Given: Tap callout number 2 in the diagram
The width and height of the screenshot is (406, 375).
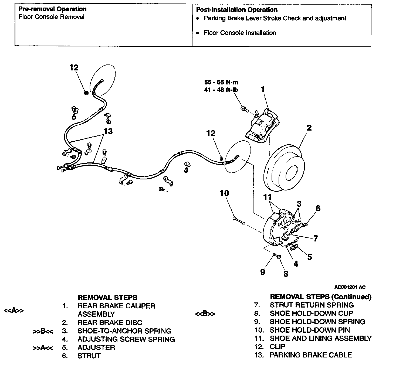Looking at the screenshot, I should [309, 128].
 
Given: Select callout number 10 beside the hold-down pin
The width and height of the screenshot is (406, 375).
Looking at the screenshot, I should [224, 193].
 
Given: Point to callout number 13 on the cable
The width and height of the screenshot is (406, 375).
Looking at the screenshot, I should [108, 131].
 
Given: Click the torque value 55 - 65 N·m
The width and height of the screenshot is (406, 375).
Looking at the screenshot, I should [221, 82].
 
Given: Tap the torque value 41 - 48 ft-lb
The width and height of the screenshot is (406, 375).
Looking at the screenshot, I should [221, 90].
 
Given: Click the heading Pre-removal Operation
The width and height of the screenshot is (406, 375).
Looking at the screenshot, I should [52, 9].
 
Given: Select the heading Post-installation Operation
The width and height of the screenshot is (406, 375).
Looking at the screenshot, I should [236, 10].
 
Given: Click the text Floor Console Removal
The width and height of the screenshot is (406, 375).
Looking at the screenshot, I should [51, 17].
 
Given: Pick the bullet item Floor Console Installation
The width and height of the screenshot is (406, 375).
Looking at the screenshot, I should [240, 33].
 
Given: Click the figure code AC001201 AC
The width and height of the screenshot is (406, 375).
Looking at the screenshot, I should [350, 287].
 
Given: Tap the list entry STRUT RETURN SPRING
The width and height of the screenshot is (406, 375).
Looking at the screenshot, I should [312, 305].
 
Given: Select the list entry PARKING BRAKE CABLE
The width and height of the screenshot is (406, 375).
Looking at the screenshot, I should [310, 355].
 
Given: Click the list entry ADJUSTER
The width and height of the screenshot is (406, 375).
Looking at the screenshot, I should [96, 347].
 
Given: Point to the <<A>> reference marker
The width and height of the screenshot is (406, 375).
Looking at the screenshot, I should [13, 311].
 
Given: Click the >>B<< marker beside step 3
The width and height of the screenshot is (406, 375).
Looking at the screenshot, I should [43, 331].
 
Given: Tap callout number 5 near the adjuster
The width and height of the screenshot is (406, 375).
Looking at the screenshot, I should [309, 257].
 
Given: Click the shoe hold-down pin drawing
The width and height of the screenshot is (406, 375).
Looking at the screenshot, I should [238, 220].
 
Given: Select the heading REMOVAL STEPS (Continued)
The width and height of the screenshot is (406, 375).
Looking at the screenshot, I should [320, 297].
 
